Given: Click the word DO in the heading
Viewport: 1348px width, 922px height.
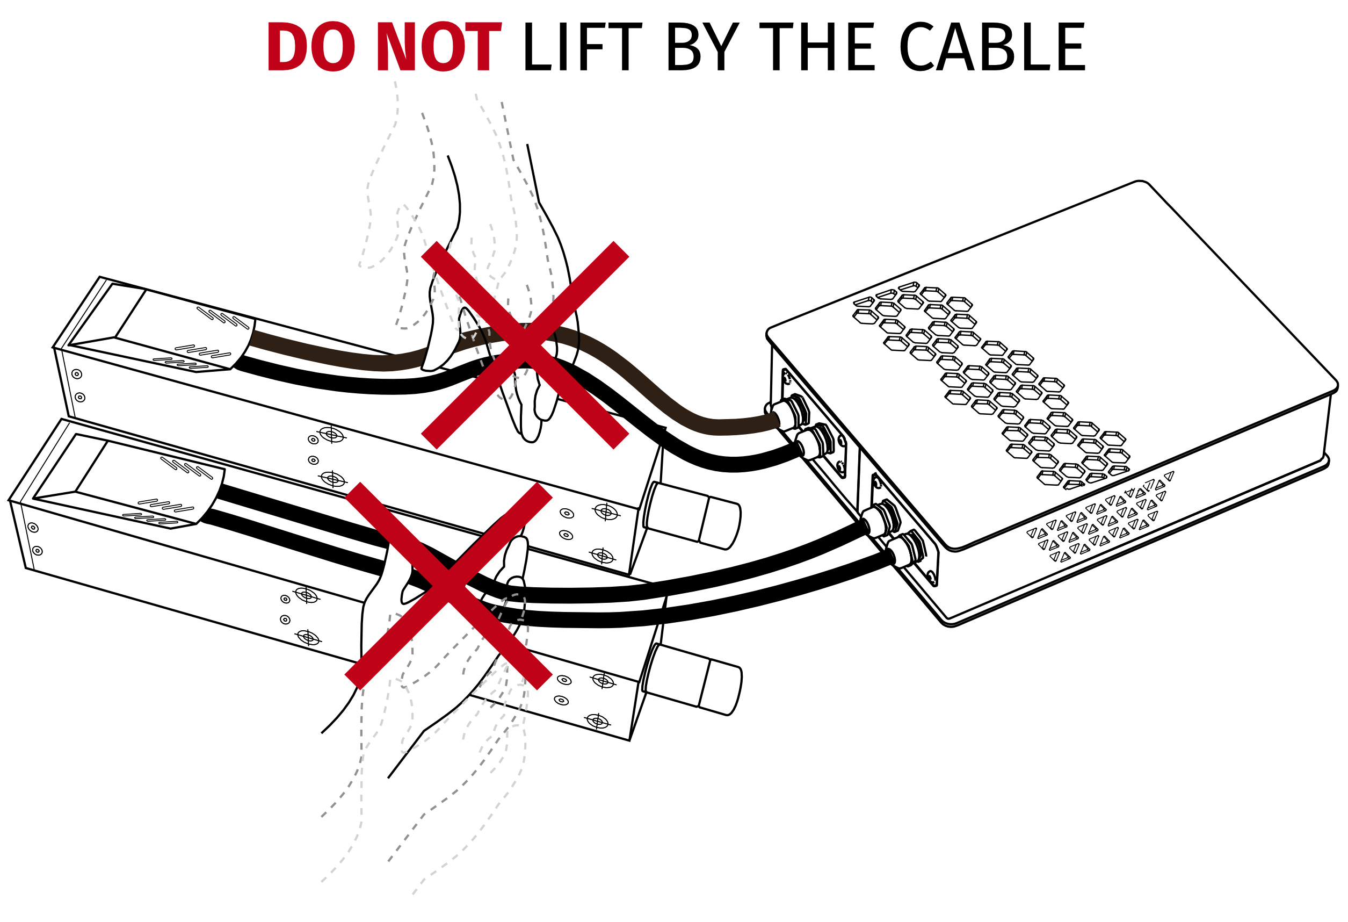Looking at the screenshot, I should [x=310, y=48].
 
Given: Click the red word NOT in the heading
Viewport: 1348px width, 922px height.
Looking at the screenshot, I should [x=439, y=48].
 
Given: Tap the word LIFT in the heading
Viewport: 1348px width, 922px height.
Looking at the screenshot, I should [x=582, y=48].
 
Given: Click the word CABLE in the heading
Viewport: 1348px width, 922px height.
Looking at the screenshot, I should [x=992, y=48].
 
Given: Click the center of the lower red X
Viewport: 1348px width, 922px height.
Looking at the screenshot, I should [x=448, y=586].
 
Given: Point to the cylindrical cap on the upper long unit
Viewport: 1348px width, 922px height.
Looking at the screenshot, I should [x=693, y=516].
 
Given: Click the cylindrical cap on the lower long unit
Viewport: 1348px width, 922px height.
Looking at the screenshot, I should [x=694, y=680].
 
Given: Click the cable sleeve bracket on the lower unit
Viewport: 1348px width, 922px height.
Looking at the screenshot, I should [x=180, y=493].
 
